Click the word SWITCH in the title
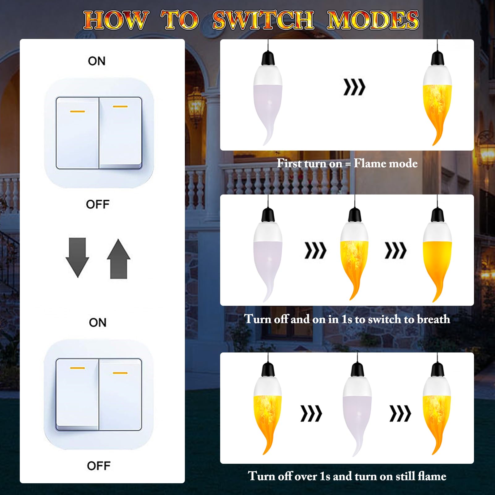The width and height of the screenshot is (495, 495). pos(263,20)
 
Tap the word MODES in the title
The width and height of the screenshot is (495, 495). pos(373,20)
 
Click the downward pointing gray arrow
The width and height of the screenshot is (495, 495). pos(77,257)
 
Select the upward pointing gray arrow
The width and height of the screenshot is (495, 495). pos(118,259)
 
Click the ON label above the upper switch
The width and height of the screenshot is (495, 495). pos(97,61)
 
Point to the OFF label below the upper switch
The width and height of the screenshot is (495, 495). pos(98,204)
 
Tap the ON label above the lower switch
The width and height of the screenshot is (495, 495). pos(98,322)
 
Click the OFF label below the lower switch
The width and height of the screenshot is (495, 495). pos(99,466)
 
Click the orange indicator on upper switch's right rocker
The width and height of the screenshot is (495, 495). pos(120,107)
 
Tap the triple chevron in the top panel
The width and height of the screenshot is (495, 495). pos(354,87)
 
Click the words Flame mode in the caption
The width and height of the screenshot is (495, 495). pos(386,163)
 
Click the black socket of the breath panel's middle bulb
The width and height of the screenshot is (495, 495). pos(355,215)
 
